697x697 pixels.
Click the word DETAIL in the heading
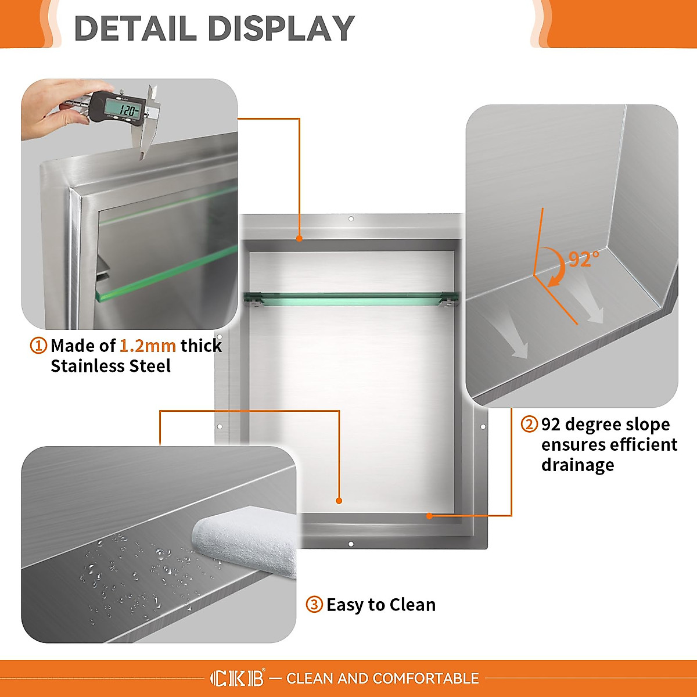tap(135, 28)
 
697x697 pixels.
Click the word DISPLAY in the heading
tap(281, 28)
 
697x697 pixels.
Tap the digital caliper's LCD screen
tap(123, 109)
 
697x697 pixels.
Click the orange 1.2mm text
tap(148, 346)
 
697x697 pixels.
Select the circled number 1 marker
tap(38, 346)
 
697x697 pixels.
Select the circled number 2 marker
tap(529, 424)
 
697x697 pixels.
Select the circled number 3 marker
tap(314, 605)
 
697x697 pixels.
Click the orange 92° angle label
tap(583, 259)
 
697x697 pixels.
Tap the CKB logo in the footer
tap(237, 678)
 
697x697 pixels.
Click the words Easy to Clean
tap(380, 605)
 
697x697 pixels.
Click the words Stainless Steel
tap(110, 366)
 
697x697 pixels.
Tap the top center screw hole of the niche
tap(351, 220)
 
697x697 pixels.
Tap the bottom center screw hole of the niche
tap(351, 544)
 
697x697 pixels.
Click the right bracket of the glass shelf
tap(447, 299)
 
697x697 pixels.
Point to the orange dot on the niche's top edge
tap(299, 238)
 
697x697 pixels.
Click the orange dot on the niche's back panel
tap(339, 500)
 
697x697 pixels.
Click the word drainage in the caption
tap(577, 465)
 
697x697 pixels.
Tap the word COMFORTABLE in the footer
tap(426, 678)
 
